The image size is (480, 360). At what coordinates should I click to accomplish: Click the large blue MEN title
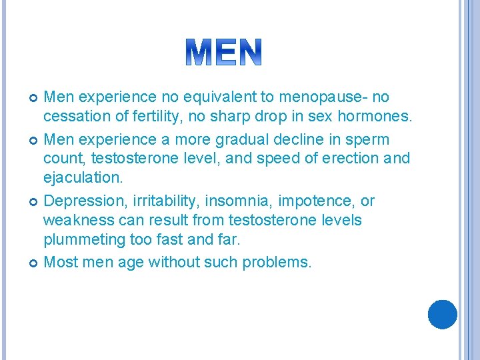224,52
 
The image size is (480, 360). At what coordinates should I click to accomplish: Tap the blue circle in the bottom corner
442,314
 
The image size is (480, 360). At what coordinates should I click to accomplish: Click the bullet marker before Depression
33,201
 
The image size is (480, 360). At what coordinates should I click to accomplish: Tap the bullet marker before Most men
33,263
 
